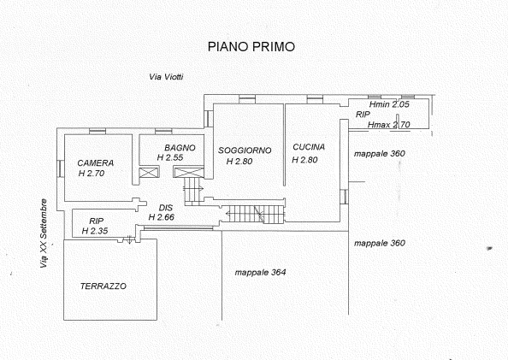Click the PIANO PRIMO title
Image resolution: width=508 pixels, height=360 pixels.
[x=251, y=47]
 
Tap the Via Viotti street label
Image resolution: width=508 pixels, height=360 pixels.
[x=166, y=77]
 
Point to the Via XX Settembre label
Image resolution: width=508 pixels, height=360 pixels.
[x=44, y=233]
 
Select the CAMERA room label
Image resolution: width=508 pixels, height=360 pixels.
[x=95, y=163]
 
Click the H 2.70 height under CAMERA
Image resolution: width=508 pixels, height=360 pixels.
[x=92, y=174]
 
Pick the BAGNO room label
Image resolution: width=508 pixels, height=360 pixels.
[x=180, y=148]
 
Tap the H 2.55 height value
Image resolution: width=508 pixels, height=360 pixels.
[x=170, y=158]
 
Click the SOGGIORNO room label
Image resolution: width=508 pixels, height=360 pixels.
[x=245, y=150]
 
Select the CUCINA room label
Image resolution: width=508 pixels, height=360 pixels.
[x=309, y=147]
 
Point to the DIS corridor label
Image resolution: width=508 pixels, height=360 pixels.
[x=166, y=208]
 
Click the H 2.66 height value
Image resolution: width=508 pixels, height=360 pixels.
[x=162, y=217]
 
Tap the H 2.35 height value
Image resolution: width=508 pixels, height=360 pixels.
[x=95, y=231]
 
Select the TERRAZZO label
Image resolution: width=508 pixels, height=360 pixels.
[x=103, y=286]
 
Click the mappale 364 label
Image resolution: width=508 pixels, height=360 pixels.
[x=260, y=273]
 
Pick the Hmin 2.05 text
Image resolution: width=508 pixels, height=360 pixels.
[x=389, y=104]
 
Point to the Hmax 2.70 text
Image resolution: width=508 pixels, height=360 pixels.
[x=389, y=125]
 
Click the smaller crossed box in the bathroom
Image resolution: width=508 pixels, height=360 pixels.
[x=149, y=173]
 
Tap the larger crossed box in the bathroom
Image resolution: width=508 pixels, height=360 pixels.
[x=188, y=172]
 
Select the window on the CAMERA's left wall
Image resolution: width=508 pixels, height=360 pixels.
[x=61, y=168]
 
